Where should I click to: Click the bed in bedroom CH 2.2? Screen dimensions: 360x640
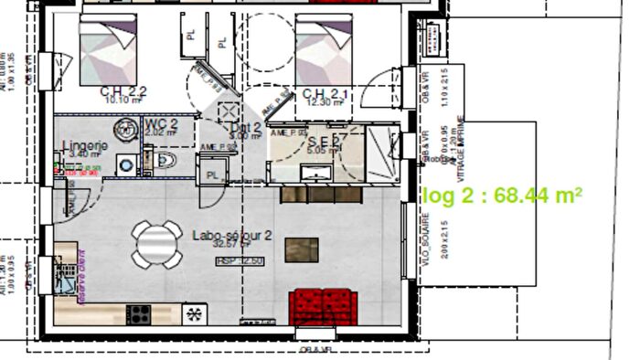(108, 48)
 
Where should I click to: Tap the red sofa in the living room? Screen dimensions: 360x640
(323, 305)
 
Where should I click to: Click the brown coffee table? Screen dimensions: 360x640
(303, 249)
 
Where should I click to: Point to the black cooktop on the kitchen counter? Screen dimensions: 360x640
(139, 313)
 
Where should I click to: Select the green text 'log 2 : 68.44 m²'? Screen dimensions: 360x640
(502, 195)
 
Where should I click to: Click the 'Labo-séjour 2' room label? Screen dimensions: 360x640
(232, 235)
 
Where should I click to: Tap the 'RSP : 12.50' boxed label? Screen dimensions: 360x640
(240, 261)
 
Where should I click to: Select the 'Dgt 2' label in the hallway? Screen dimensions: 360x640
(246, 127)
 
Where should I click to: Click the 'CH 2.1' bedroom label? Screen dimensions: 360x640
(325, 94)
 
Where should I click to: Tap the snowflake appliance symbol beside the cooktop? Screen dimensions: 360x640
(194, 313)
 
